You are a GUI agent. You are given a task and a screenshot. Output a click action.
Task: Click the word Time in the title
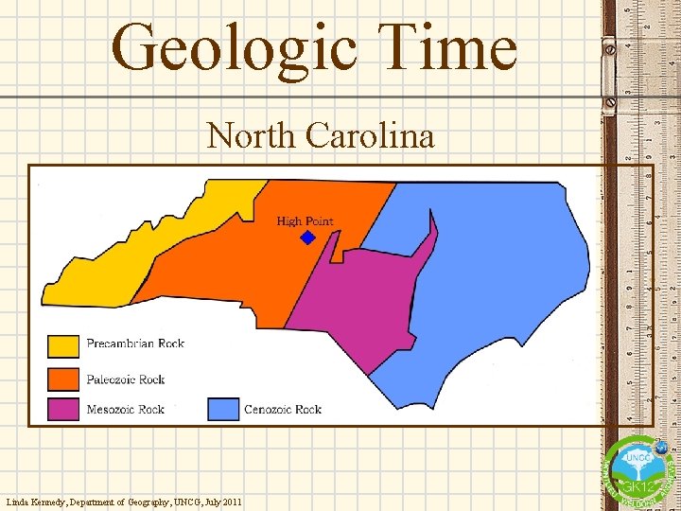click(440, 47)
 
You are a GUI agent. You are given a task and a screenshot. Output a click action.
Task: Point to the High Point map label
click(305, 221)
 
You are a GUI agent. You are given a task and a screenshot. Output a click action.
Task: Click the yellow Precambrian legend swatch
click(63, 345)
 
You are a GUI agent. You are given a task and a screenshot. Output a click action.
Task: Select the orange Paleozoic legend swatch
click(63, 379)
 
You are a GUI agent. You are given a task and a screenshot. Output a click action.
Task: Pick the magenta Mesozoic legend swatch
click(63, 410)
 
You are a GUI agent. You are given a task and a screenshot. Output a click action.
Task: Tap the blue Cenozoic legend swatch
click(222, 410)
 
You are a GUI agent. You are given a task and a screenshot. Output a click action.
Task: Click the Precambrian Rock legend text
click(135, 344)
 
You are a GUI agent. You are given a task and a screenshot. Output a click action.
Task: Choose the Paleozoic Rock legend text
click(126, 379)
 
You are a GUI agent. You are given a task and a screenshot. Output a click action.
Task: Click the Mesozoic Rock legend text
click(126, 410)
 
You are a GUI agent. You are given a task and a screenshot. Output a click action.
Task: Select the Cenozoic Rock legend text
click(283, 410)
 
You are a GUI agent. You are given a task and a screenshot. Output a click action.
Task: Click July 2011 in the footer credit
click(222, 501)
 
